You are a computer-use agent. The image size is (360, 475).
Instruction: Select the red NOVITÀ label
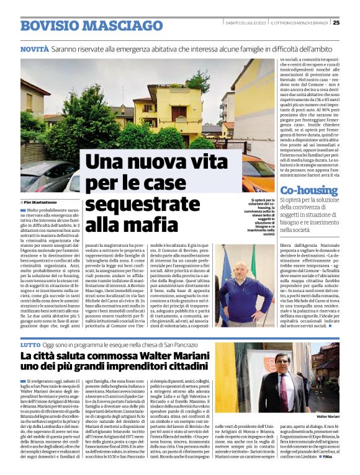click(x=34, y=48)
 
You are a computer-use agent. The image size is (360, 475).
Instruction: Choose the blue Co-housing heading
click(x=310, y=190)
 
